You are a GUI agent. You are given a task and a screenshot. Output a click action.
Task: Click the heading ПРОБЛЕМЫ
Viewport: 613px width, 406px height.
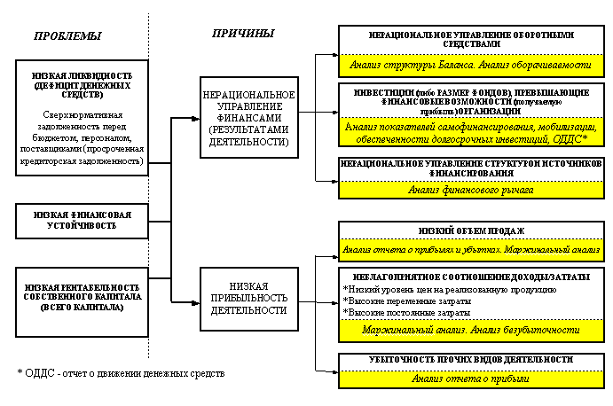pyautogui.click(x=67, y=36)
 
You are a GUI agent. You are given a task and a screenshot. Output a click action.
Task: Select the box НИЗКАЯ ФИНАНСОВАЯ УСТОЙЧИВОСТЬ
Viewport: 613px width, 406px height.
pyautogui.click(x=80, y=220)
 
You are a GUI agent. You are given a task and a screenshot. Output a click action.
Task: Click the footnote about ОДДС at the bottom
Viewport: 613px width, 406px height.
pyautogui.click(x=121, y=373)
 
